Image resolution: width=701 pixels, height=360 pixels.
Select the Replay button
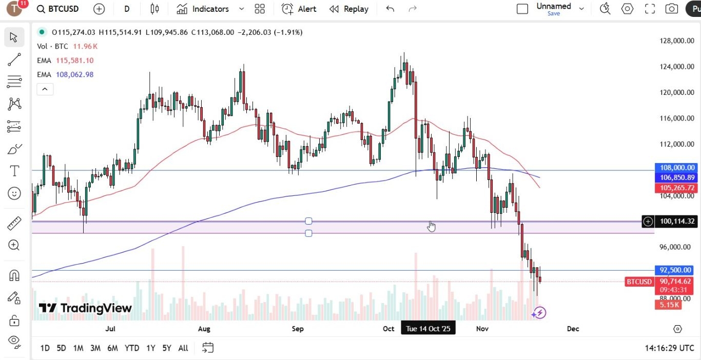(349, 9)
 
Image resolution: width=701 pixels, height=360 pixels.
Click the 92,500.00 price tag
(675, 270)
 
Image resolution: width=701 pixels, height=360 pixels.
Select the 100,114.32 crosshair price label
(676, 222)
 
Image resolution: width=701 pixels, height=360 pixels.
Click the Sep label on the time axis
(298, 329)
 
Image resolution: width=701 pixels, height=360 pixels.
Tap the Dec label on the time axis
(573, 329)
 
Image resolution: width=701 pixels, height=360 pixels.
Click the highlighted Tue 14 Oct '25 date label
(427, 329)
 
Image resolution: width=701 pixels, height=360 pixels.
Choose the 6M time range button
(112, 348)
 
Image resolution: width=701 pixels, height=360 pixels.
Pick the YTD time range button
(132, 348)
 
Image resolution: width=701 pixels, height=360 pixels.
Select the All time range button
(183, 348)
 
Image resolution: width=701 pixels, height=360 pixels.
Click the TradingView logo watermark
(85, 308)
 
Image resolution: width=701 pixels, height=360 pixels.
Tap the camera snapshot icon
(671, 9)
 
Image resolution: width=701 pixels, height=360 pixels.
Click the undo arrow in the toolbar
(390, 9)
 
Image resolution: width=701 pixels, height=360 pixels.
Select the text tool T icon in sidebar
(14, 171)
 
